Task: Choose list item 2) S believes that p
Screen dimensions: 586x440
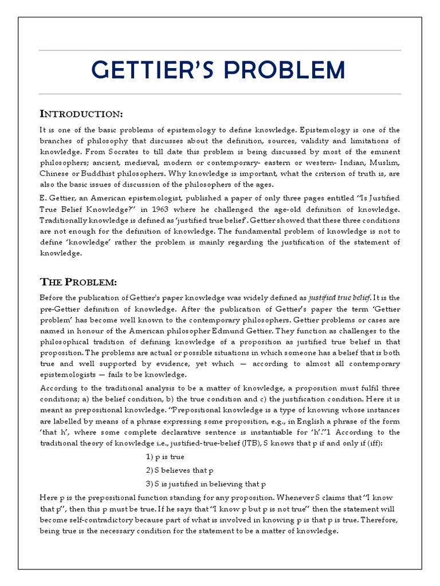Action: [179, 470]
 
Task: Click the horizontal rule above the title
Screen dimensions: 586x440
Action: [220, 50]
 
